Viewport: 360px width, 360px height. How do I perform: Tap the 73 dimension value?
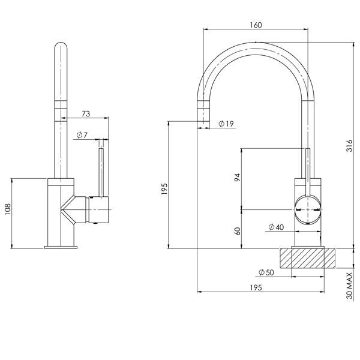pos(85,113)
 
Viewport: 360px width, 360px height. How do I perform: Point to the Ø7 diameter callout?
pos(82,136)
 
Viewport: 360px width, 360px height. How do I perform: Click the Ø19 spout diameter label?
pos(226,124)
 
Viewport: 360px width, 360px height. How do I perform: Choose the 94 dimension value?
pos(236,178)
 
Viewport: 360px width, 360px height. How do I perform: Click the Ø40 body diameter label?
pos(275,227)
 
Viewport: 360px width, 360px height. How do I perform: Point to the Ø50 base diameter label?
pos(266,273)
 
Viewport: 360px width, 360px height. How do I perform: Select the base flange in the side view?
pos(61,246)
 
